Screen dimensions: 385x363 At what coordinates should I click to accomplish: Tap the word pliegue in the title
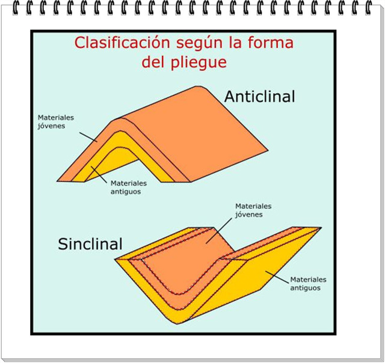click(202, 61)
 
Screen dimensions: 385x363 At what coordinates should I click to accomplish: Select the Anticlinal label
click(259, 96)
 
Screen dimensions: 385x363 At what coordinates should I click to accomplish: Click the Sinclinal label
click(90, 243)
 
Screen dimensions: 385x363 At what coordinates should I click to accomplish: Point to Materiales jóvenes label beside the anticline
click(60, 122)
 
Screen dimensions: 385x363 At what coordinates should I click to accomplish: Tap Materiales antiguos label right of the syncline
click(308, 284)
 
